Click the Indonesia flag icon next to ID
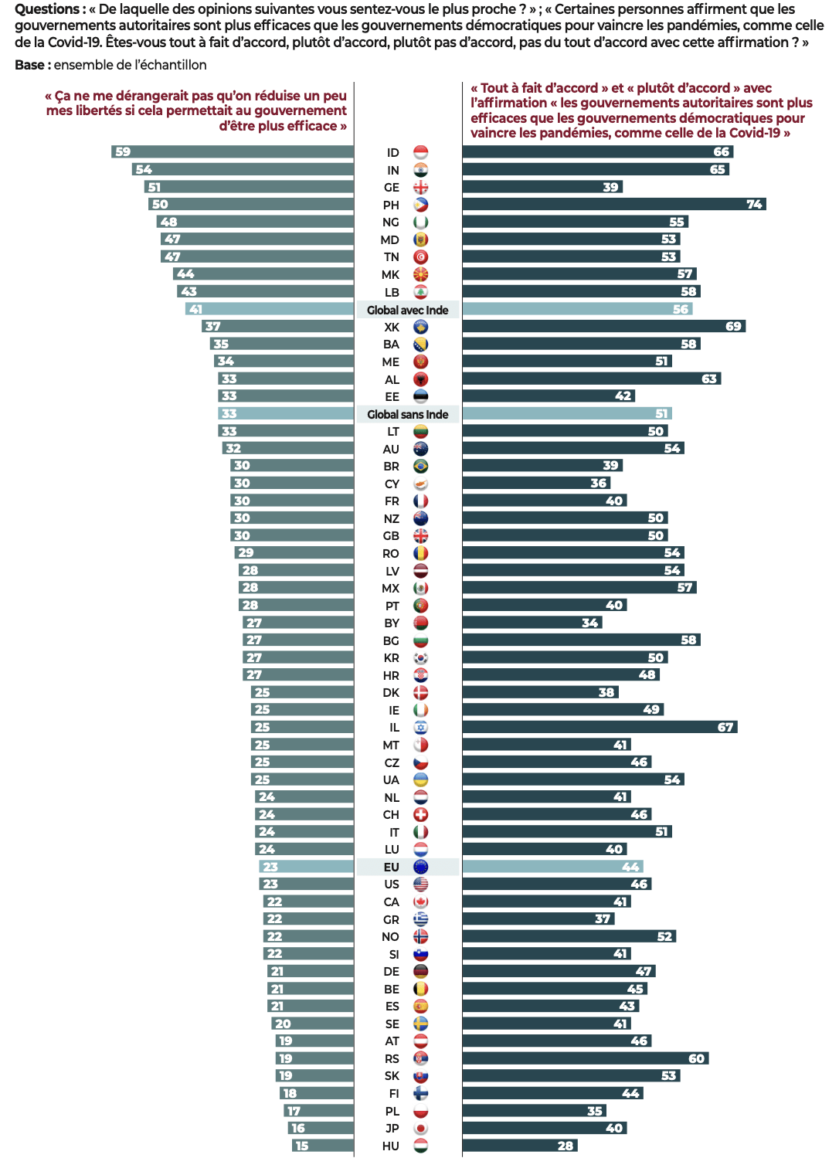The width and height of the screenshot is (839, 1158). [420, 152]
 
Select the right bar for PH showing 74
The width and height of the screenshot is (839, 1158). [613, 205]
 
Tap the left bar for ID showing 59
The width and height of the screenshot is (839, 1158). [233, 152]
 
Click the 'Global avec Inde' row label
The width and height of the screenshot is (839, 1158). [407, 310]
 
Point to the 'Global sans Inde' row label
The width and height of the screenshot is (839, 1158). [407, 414]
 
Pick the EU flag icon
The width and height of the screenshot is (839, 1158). [420, 867]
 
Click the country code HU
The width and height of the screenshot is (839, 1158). [391, 1146]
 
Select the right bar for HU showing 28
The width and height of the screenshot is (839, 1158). [520, 1146]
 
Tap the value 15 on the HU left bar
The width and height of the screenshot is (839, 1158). [302, 1146]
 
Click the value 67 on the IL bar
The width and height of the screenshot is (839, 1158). [725, 727]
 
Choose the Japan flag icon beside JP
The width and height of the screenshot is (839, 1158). [420, 1128]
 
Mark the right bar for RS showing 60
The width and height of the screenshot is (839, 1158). [585, 1058]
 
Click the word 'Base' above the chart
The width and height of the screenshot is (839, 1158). [29, 65]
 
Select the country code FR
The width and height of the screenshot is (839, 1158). [392, 501]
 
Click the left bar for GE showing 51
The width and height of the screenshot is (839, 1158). [249, 187]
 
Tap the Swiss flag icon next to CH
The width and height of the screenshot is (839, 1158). [420, 814]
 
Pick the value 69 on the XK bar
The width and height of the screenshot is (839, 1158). [733, 327]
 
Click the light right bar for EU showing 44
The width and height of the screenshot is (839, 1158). [552, 867]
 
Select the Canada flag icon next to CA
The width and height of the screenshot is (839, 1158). [420, 902]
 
